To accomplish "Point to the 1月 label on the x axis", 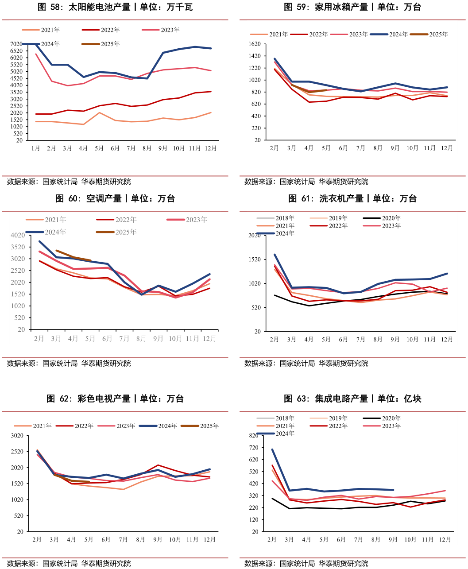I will coord(35,148).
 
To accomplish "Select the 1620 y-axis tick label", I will coord(255,44).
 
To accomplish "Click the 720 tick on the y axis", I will coord(254,448).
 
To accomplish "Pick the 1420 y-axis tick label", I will coord(255,56).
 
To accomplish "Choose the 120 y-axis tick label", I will coord(254,519).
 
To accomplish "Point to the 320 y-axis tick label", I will coord(254,495).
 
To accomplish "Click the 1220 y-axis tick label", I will coord(255,68).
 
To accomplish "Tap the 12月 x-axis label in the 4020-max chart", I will coord(209,339).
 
